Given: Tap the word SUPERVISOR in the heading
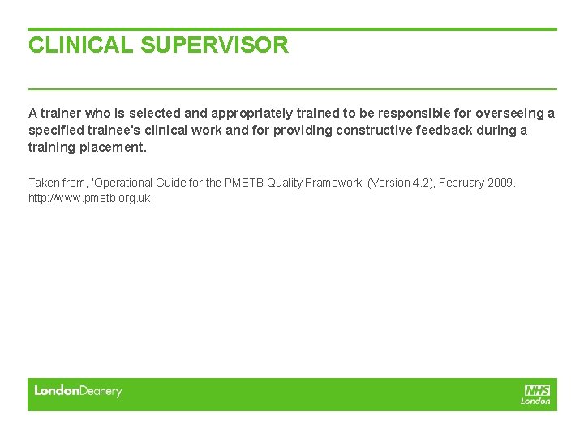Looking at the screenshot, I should point(214,45).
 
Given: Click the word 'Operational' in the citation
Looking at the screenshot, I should point(107,183).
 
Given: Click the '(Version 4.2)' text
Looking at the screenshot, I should point(401,183).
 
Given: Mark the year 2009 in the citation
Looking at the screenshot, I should point(501,183).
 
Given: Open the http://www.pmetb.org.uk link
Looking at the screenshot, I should point(89,198).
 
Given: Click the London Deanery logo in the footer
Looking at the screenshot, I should point(78,391).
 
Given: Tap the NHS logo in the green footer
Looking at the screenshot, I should point(536,391).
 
